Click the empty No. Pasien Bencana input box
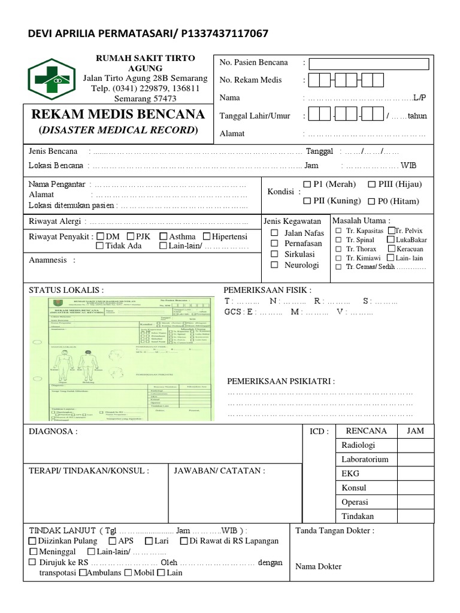[x=369, y=64]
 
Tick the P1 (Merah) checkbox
[x=307, y=184]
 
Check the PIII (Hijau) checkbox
[x=372, y=184]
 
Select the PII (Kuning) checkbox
[x=307, y=201]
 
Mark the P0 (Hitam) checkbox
[x=372, y=202]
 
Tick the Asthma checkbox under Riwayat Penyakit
[x=164, y=236]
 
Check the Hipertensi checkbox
[x=207, y=236]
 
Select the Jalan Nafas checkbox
[x=274, y=233]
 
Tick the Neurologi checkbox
[x=274, y=265]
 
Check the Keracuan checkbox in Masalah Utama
[x=391, y=248]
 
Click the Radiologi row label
[x=358, y=445]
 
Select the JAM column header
[x=415, y=431]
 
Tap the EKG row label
[x=350, y=474]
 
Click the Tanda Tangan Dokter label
[x=335, y=530]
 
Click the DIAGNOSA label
[x=53, y=432]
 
